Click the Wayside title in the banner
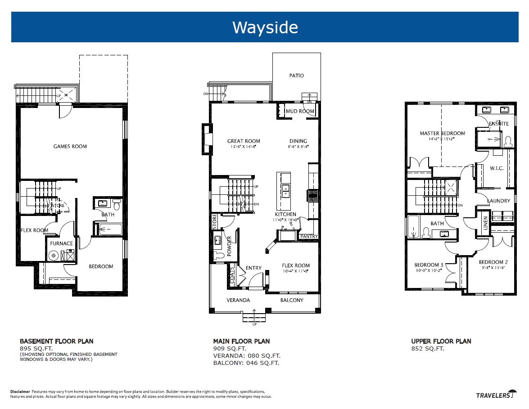(265, 27)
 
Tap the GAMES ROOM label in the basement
(70, 146)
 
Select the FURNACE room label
(61, 243)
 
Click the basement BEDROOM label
(101, 266)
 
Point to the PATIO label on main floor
(296, 76)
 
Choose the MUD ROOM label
(300, 111)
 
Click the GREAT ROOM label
(244, 141)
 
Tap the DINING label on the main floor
(298, 141)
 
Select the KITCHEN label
(286, 215)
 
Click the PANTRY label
(309, 236)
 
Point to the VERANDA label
(238, 300)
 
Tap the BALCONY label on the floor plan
(292, 300)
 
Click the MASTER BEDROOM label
(442, 134)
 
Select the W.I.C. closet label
(497, 168)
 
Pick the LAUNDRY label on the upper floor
(498, 201)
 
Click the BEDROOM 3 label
(429, 265)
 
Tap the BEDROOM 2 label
(493, 262)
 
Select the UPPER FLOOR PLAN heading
(441, 341)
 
